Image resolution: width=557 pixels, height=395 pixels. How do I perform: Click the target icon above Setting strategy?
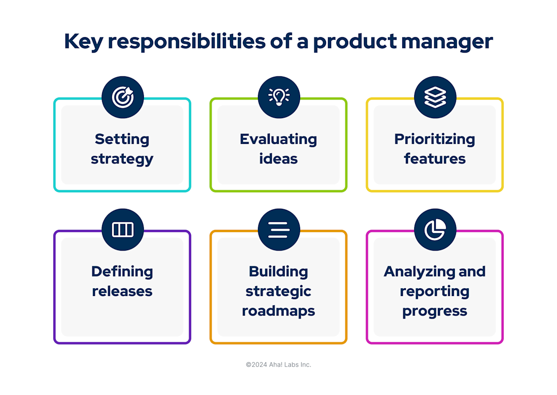point(122,97)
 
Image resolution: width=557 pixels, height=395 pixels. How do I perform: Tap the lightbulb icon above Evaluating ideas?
point(278,97)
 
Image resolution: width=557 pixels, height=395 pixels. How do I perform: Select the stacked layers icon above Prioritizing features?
point(435,97)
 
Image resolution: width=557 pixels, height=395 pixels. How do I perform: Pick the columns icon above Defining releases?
point(122,229)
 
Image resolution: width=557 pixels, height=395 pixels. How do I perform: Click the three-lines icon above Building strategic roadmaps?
point(278,229)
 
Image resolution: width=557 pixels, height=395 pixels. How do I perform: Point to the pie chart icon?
point(435,229)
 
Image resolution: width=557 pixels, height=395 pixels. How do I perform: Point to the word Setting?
point(122,139)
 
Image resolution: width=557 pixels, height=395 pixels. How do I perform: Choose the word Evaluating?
point(278,139)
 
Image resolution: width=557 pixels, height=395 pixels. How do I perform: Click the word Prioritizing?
point(435,139)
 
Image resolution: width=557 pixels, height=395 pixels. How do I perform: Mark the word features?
point(435,159)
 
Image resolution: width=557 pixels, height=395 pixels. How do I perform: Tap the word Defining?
point(122,272)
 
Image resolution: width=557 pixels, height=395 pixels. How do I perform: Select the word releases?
point(122,291)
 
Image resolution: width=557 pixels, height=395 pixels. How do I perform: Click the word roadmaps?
point(278,311)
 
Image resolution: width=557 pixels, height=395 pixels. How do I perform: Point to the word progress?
point(435,311)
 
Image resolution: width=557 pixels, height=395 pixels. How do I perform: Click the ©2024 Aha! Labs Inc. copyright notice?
point(278,365)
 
